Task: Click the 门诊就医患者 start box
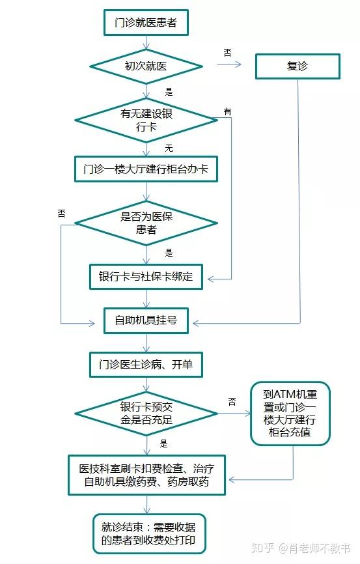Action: coord(146,22)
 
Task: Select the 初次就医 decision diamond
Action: coord(146,66)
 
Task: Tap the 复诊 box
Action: coord(298,66)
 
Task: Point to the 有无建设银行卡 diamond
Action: coord(146,120)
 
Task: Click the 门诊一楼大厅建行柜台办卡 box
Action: coord(146,169)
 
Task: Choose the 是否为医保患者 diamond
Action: coord(146,223)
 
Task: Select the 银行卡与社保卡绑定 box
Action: coord(146,277)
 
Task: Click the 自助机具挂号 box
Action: coord(146,320)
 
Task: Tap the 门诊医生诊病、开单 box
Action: coord(146,364)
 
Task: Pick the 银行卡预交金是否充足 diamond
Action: coord(146,414)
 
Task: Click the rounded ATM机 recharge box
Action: coord(290,414)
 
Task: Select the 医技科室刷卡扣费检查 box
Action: coord(146,475)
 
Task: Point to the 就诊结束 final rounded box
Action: coord(149,534)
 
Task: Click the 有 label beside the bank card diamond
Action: coord(228,111)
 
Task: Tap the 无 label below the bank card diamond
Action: coord(169,148)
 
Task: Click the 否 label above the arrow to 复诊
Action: coord(228,53)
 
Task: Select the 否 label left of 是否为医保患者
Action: coord(61,214)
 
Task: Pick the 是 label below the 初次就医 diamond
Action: coord(169,92)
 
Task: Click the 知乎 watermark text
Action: coord(262,548)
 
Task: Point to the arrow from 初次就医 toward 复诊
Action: coord(228,64)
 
